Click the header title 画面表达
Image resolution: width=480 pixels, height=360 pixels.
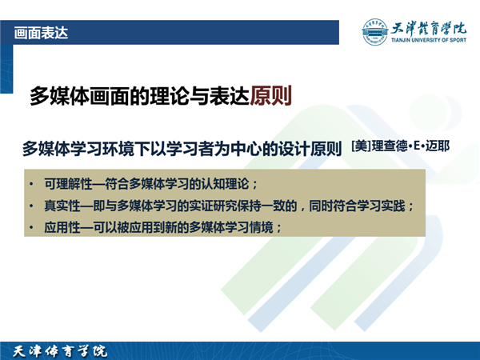point(41,33)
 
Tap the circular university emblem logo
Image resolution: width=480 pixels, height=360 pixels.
point(374,31)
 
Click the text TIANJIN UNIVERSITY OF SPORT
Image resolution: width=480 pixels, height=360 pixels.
point(429,40)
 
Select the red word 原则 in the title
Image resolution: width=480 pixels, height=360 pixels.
point(270,96)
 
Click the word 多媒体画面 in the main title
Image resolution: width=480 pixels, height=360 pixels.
point(79,96)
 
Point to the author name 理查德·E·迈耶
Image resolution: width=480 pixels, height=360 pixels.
point(411,146)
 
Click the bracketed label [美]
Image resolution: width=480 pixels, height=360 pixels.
point(362,146)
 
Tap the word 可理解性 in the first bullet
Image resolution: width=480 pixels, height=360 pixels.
point(68,184)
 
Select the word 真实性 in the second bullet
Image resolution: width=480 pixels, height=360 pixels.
point(62,206)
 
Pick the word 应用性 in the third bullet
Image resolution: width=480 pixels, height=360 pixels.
point(62,227)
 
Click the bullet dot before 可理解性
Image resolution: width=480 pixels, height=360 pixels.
point(31,184)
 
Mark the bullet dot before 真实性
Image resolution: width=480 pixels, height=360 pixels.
point(31,206)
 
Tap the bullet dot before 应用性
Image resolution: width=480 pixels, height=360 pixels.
point(31,228)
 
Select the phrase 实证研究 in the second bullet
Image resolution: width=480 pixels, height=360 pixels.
point(213,206)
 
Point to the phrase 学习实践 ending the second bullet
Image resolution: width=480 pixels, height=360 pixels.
point(381,206)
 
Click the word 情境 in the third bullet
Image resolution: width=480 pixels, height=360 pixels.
point(261,227)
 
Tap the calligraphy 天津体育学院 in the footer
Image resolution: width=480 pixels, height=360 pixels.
point(60,351)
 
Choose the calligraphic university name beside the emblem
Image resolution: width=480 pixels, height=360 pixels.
point(429,29)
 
